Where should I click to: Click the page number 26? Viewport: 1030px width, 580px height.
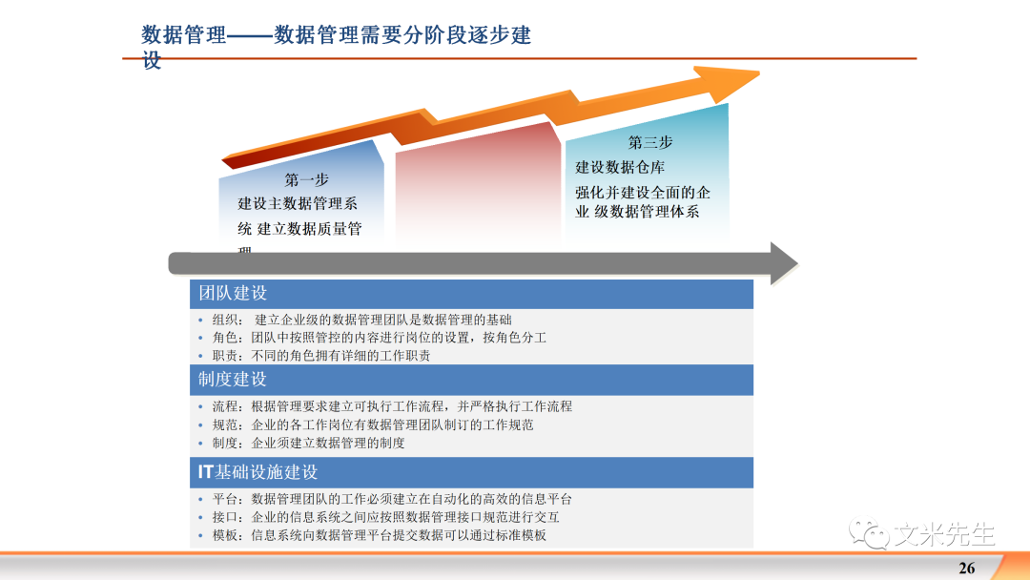pos(966,568)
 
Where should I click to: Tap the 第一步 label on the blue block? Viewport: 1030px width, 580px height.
pos(306,179)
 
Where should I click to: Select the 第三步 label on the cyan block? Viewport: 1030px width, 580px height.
pos(649,142)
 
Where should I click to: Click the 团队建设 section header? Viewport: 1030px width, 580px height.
pos(233,294)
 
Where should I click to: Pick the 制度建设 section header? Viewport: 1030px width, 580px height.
pos(233,379)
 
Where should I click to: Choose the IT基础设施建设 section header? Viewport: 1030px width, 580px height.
pos(257,472)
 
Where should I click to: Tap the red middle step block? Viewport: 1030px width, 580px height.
pos(476,191)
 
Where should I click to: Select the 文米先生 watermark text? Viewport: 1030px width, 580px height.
pos(943,534)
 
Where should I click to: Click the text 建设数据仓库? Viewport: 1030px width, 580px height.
pos(620,168)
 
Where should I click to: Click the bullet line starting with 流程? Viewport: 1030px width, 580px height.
pos(391,406)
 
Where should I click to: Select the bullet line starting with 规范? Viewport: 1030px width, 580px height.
pos(372,425)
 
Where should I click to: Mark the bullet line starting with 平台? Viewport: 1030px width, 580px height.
pos(391,499)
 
